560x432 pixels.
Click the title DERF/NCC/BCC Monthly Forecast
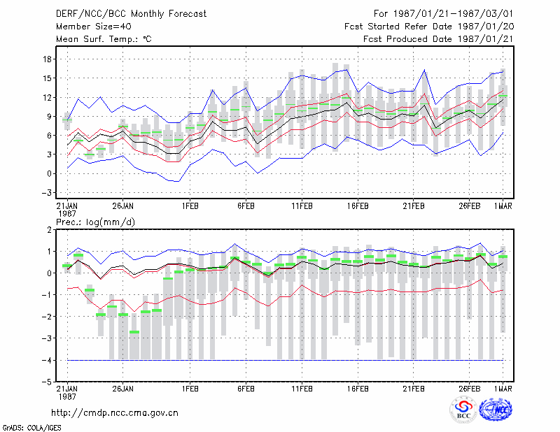[131, 14]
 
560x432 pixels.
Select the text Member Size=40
[94, 27]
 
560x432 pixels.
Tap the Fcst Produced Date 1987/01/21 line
[438, 39]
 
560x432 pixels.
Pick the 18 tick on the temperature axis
[47, 59]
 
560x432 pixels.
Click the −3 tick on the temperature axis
[46, 193]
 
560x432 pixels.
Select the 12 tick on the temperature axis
[47, 97]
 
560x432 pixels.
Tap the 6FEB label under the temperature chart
[246, 206]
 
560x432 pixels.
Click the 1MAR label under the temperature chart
[503, 206]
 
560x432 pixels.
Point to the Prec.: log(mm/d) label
[95, 222]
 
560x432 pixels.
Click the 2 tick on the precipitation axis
[49, 230]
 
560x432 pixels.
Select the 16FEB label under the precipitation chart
[358, 389]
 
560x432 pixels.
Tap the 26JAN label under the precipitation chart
[123, 389]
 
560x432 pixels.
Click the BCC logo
[463, 410]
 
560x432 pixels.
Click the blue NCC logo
[496, 410]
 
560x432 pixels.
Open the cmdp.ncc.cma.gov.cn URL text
[115, 413]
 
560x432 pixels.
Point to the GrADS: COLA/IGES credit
[31, 428]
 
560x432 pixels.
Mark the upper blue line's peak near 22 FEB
[424, 70]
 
